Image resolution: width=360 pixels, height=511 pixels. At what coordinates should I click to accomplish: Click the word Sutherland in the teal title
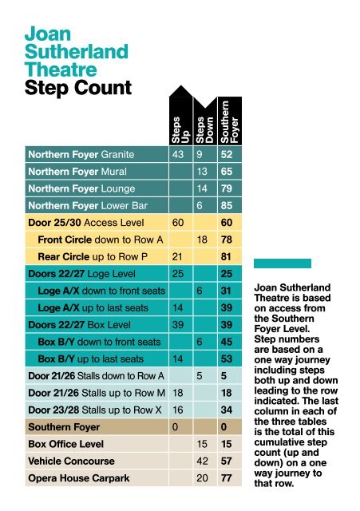click(x=77, y=53)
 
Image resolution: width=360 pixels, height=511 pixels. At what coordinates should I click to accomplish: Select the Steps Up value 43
click(x=178, y=154)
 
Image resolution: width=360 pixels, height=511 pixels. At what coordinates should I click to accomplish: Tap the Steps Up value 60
click(x=178, y=221)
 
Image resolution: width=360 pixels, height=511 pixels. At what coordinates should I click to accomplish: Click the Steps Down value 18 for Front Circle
click(x=202, y=240)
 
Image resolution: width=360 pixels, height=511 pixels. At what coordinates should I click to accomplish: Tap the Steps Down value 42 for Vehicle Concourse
click(x=202, y=461)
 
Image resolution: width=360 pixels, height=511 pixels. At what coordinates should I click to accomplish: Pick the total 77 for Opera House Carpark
click(x=227, y=477)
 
